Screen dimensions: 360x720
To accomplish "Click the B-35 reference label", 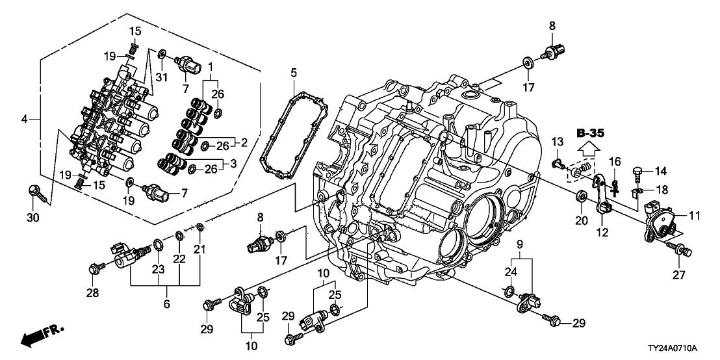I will tap(591, 134).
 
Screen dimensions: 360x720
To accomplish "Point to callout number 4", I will tap(25, 119).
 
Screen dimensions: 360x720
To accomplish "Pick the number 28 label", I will tap(93, 294).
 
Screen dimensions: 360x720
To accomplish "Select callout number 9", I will tap(520, 244).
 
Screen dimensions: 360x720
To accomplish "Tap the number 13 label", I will tap(557, 142).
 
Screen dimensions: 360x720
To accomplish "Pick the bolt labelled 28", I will tap(94, 267).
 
